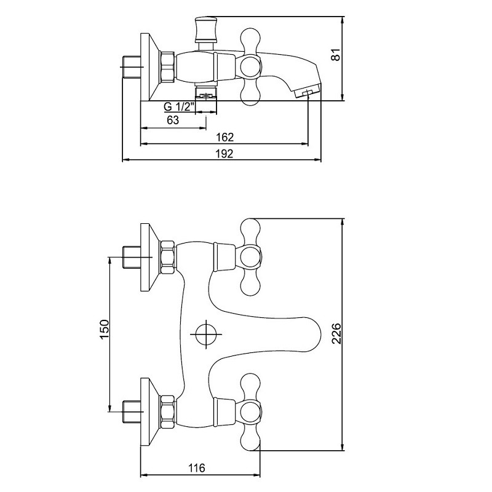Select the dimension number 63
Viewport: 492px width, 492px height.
(173, 121)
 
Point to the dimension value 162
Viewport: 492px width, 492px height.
(225, 137)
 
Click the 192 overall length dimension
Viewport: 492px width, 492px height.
(225, 153)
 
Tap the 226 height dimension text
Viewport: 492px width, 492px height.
(336, 333)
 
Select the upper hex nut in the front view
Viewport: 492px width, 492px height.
(167, 256)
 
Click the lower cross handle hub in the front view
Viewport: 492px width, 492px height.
(251, 410)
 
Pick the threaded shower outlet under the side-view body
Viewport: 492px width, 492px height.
(207, 95)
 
